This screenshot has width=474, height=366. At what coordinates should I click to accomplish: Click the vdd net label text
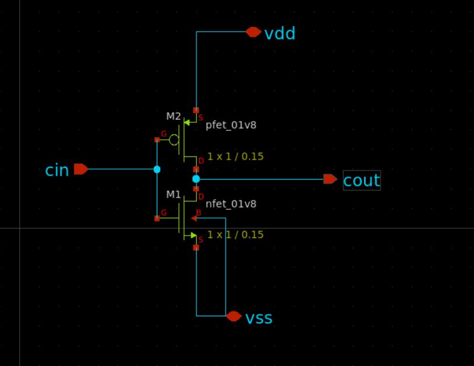pos(279,33)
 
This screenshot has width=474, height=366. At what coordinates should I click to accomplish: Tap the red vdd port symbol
pos(253,32)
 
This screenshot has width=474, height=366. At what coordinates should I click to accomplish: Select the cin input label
pos(57,170)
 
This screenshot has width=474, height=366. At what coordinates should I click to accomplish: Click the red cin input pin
pos(81,169)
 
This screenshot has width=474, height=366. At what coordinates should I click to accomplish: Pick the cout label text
pos(362,181)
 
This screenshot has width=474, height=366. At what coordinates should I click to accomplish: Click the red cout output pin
pos(330,179)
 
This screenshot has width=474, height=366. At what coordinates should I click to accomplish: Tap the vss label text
pos(259,319)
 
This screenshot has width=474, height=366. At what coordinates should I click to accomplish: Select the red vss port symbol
pos(234,316)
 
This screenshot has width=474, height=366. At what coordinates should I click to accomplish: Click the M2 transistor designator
pos(174,116)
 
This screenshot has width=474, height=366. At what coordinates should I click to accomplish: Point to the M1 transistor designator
pos(174,195)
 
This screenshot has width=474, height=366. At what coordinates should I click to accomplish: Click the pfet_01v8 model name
pos(231,125)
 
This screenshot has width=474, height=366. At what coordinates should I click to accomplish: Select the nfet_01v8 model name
pos(231,204)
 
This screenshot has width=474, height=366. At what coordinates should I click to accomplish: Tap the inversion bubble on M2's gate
pos(174,140)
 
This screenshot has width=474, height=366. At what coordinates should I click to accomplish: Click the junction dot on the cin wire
pos(157,170)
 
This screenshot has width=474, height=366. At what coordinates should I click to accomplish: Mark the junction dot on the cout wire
pos(196,179)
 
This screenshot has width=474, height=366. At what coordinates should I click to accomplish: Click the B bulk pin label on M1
pos(199,213)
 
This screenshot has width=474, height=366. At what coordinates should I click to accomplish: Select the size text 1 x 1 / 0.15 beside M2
pos(236,156)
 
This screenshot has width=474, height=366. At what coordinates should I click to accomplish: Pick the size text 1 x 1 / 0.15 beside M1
pos(236,234)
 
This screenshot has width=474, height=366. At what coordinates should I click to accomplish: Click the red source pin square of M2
pos(196,111)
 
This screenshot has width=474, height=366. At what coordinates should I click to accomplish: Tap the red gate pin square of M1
pos(157,219)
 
